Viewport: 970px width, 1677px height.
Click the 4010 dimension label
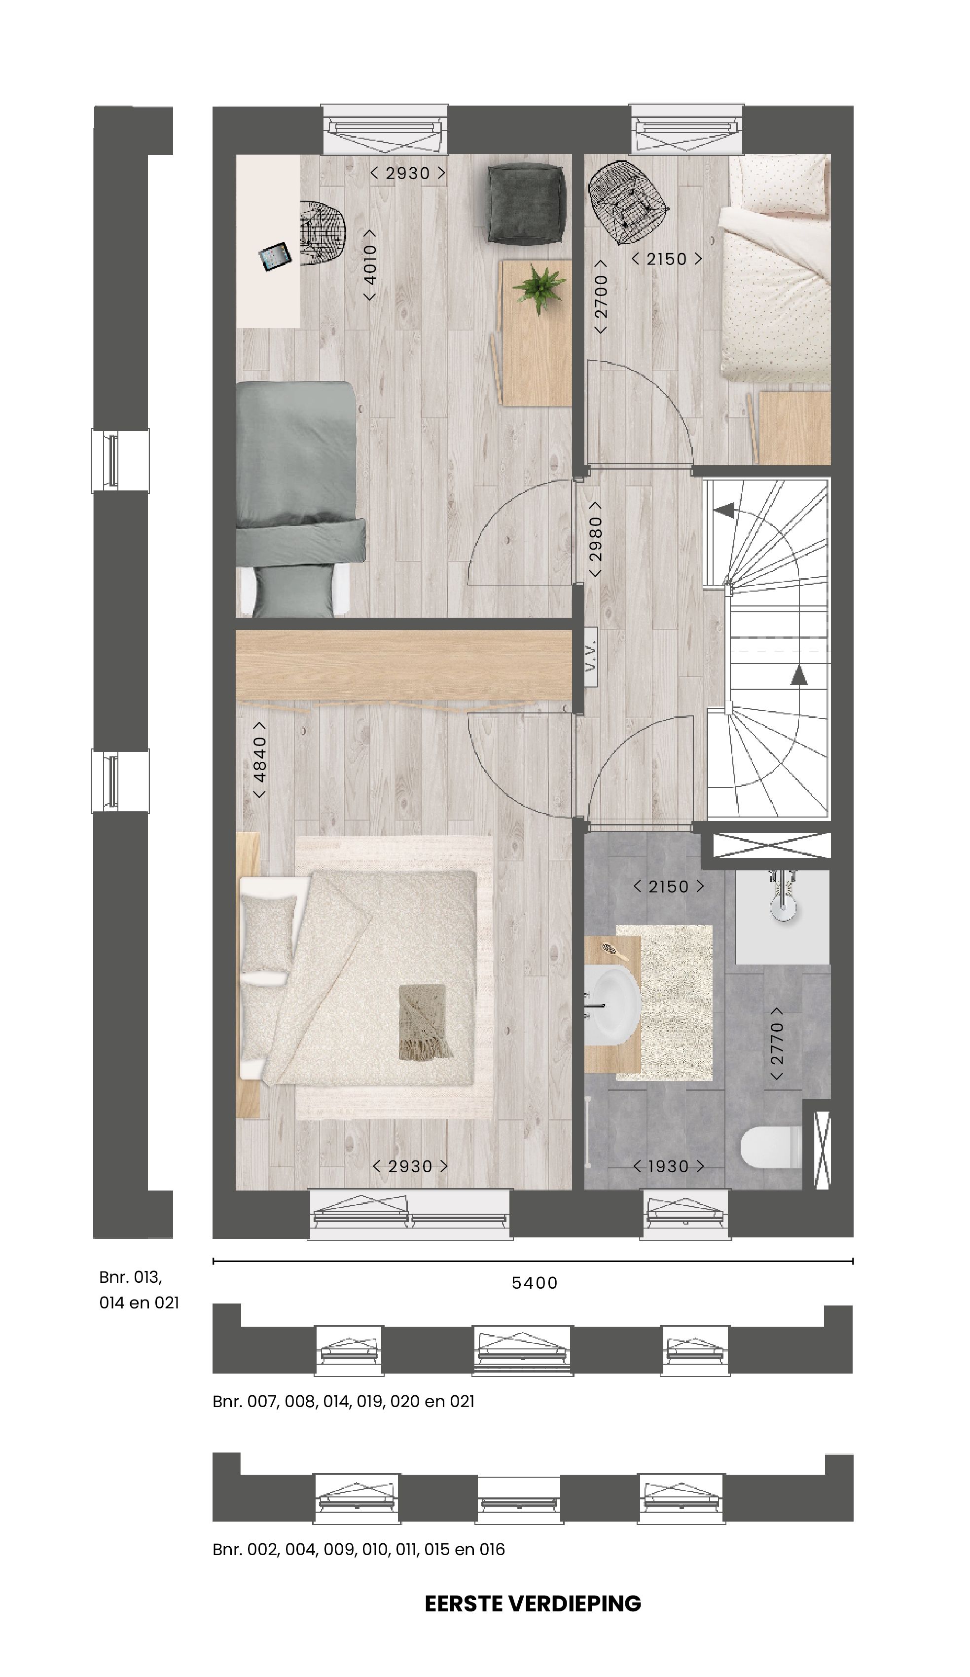point(370,265)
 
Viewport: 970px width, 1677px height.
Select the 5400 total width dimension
point(534,1283)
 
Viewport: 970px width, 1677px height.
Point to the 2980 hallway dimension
point(595,539)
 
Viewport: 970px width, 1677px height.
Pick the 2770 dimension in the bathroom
point(776,1043)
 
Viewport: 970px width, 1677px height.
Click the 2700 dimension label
point(601,296)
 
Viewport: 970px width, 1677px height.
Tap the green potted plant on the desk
point(539,288)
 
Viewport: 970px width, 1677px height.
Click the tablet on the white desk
point(275,256)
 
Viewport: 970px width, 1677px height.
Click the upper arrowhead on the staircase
point(724,511)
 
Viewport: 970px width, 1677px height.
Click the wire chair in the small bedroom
point(627,202)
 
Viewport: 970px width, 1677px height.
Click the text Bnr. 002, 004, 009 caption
point(359,1549)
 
